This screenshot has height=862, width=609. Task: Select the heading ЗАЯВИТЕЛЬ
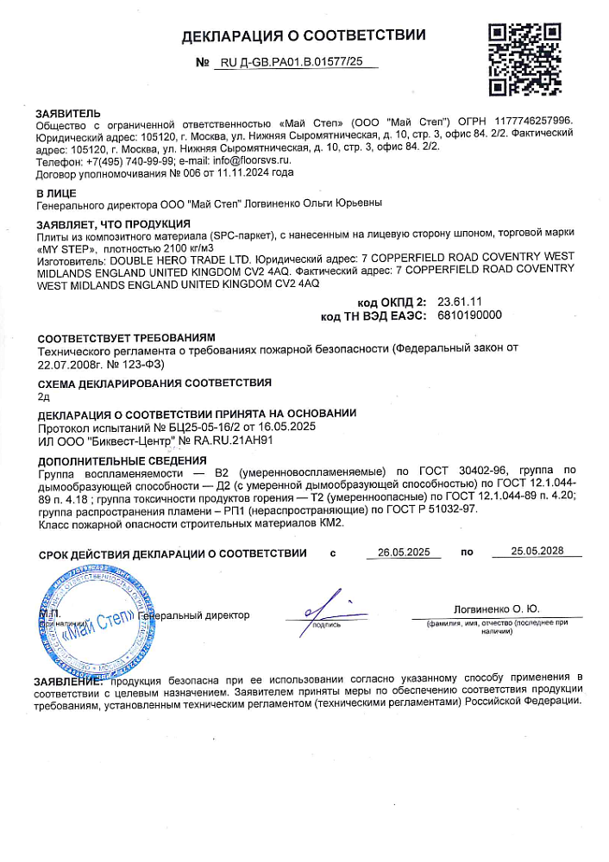pos(68,114)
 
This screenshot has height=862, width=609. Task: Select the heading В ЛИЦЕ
pos(56,191)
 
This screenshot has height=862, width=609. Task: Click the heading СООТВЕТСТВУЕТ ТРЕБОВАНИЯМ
pos(125,338)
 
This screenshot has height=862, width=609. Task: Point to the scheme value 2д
pos(45,397)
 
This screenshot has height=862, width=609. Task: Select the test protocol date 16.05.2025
pos(311,427)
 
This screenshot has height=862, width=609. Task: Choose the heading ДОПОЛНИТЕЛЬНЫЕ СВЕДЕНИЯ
pos(122,460)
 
